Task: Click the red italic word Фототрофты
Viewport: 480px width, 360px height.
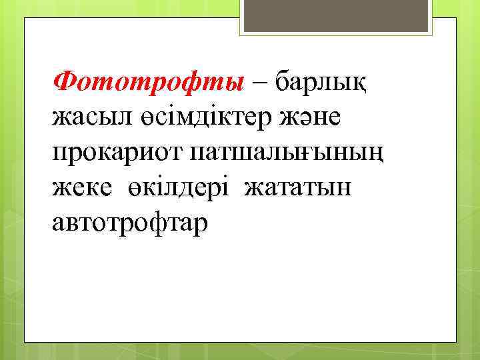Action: click(x=149, y=83)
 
